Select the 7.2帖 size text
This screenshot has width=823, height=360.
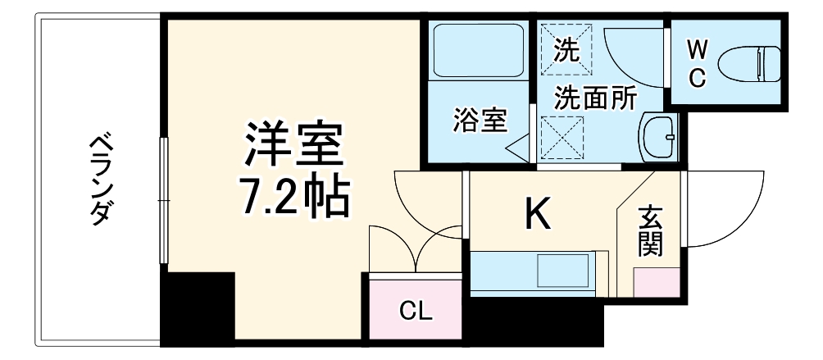click(290, 198)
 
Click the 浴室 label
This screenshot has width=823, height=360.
click(480, 121)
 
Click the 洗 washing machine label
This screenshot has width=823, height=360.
click(566, 50)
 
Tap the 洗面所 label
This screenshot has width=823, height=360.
click(595, 99)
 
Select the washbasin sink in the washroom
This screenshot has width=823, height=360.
click(659, 134)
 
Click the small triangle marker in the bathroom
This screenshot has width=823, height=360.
click(518, 148)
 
